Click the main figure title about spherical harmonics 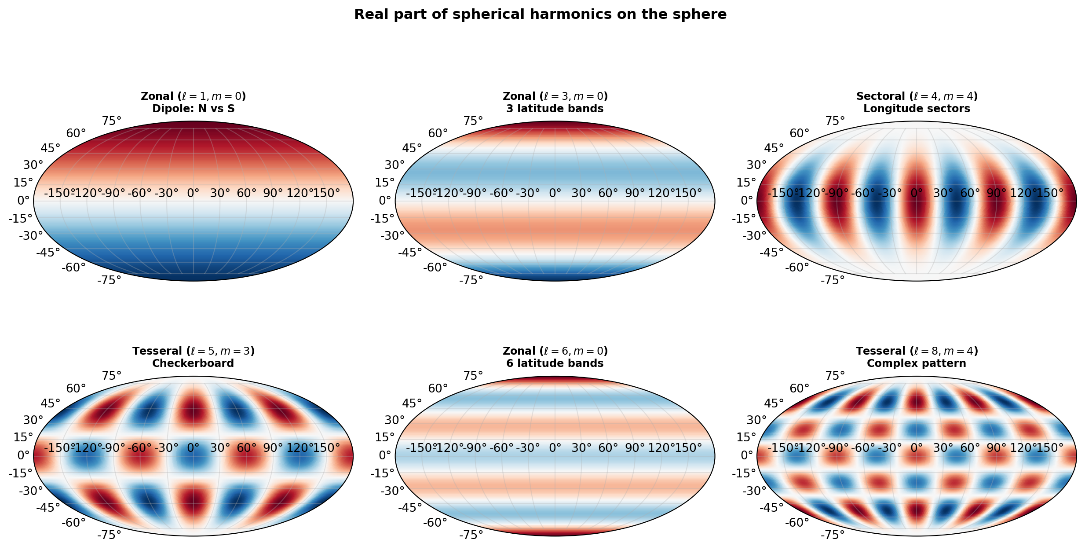point(540,15)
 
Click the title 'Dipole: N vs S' point(193,109)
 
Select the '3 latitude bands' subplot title point(555,109)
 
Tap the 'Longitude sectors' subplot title point(917,109)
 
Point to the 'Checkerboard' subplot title point(193,363)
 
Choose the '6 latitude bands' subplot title point(555,363)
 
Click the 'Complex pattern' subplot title point(917,363)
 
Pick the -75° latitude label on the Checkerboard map point(109,535)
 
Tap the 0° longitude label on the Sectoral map point(917,193)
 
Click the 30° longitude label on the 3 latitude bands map point(581,193)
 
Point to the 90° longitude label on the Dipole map point(273,193)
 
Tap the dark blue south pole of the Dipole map point(193,276)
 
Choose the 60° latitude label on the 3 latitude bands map point(438,133)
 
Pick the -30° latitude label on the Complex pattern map point(755,491)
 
